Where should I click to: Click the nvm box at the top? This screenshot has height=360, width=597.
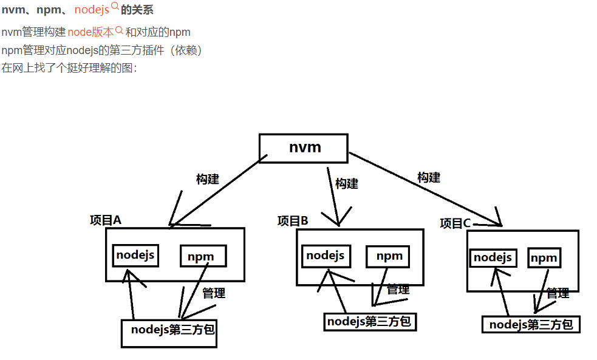tap(304, 148)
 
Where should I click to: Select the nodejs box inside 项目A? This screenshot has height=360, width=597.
tap(135, 256)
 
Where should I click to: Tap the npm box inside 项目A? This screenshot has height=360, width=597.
tap(202, 256)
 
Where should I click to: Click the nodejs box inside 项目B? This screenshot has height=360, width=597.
tap(326, 256)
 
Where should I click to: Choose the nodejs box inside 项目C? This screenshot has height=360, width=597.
tap(493, 257)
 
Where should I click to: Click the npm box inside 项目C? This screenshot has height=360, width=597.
tap(544, 258)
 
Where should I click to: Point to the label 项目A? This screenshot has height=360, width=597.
tap(106, 220)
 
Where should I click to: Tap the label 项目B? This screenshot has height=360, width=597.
tap(293, 221)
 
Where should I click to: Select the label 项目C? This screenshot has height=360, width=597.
tap(455, 224)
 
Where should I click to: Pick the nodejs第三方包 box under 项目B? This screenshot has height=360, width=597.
tap(370, 322)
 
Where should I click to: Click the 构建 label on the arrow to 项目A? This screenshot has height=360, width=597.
tap(208, 180)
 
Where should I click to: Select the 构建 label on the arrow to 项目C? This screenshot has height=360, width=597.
tap(429, 178)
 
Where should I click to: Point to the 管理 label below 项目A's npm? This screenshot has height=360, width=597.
tap(214, 293)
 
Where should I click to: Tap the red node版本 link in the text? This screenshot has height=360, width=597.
tap(90, 32)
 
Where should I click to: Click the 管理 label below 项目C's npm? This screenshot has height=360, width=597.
tap(558, 293)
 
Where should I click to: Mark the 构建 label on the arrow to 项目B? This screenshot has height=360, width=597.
tap(347, 183)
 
